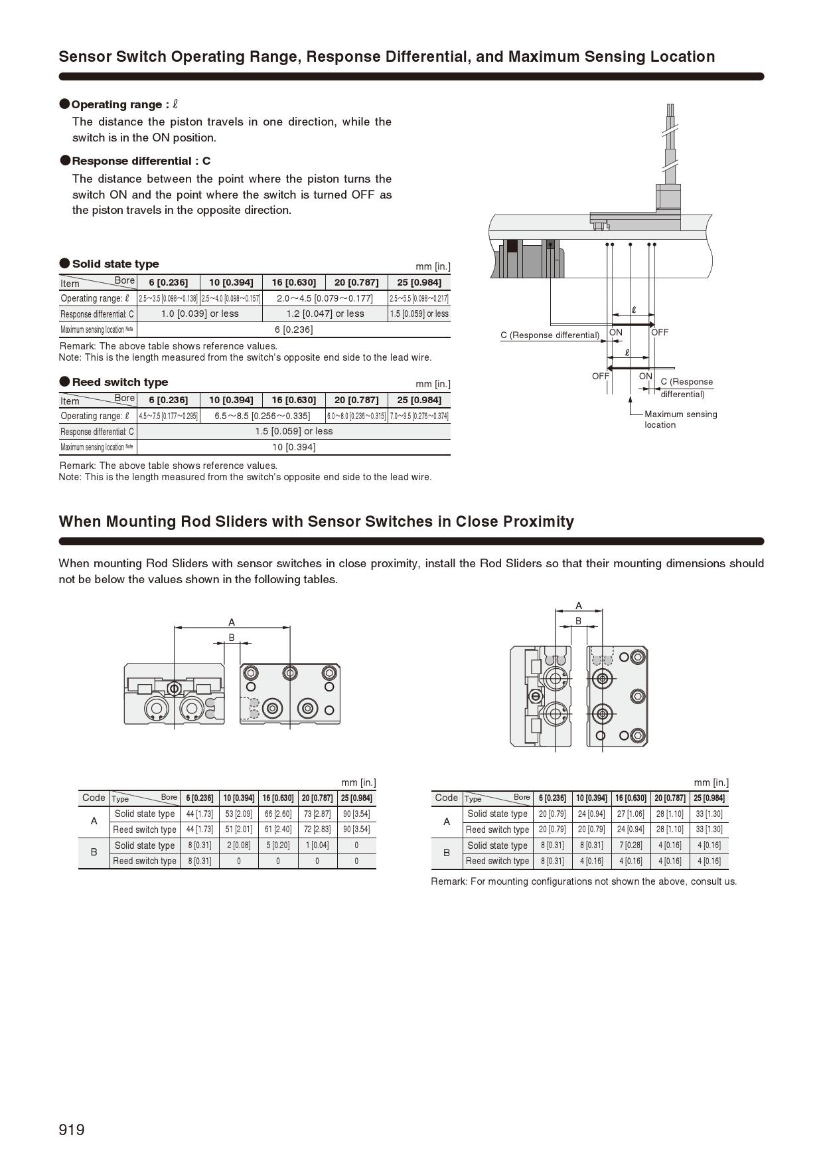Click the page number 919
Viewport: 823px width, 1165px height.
[x=72, y=1130]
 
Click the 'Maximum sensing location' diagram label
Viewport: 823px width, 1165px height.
[x=680, y=419]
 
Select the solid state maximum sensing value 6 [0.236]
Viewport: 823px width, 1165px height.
[x=293, y=329]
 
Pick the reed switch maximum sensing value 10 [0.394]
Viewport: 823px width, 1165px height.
[x=293, y=447]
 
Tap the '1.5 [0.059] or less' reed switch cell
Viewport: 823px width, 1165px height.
[x=293, y=431]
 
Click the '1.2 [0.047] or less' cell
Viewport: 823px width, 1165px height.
[x=325, y=314]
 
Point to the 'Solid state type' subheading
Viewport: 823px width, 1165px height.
[x=115, y=264]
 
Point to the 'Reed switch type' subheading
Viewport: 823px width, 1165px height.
[x=119, y=382]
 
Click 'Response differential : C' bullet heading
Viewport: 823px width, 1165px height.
[x=141, y=161]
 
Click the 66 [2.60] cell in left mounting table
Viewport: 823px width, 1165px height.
[x=278, y=814]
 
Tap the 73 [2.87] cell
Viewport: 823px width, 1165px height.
[x=317, y=814]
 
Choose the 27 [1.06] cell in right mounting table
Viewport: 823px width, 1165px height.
[x=631, y=814]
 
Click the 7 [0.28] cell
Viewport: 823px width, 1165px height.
[x=631, y=845]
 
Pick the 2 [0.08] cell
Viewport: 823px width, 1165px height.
[x=239, y=845]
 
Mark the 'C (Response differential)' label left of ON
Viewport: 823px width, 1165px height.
[x=550, y=335]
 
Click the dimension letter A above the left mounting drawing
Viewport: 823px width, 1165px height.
[x=232, y=622]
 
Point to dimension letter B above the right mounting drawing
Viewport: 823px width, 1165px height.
[x=578, y=621]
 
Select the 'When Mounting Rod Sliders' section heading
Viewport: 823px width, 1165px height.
[x=316, y=521]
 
